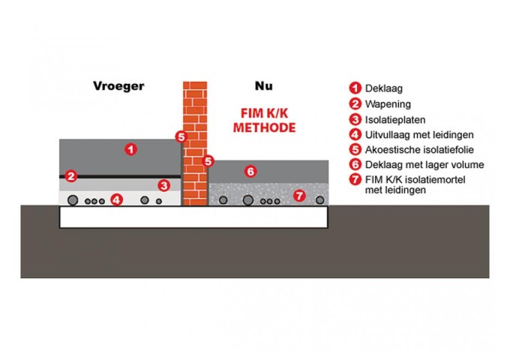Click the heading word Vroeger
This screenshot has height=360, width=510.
pyautogui.click(x=118, y=85)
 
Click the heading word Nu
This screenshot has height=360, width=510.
pyautogui.click(x=262, y=85)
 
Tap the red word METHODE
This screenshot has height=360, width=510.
pyautogui.click(x=264, y=127)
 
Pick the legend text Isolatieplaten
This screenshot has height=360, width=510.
pyautogui.click(x=394, y=119)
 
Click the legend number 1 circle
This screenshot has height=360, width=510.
pyautogui.click(x=355, y=88)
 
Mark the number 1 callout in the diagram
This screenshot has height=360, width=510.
pyautogui.click(x=131, y=148)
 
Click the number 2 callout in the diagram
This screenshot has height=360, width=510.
pyautogui.click(x=71, y=176)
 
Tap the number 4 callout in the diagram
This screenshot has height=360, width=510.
pyautogui.click(x=116, y=199)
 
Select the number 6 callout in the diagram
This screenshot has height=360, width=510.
pyautogui.click(x=251, y=171)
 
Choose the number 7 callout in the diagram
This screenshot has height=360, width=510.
pyautogui.click(x=299, y=196)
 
